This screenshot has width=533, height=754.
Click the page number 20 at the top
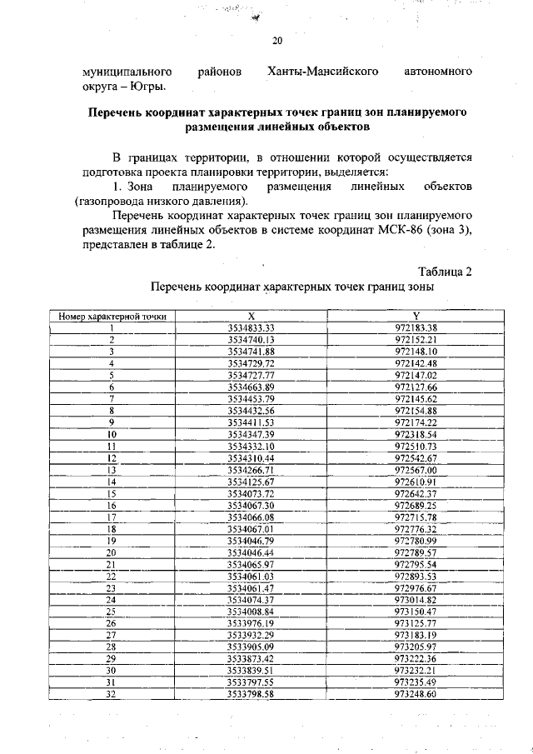coord(278,41)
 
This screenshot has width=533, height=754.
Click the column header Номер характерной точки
coord(111,317)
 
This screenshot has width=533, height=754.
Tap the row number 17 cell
coord(111,517)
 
